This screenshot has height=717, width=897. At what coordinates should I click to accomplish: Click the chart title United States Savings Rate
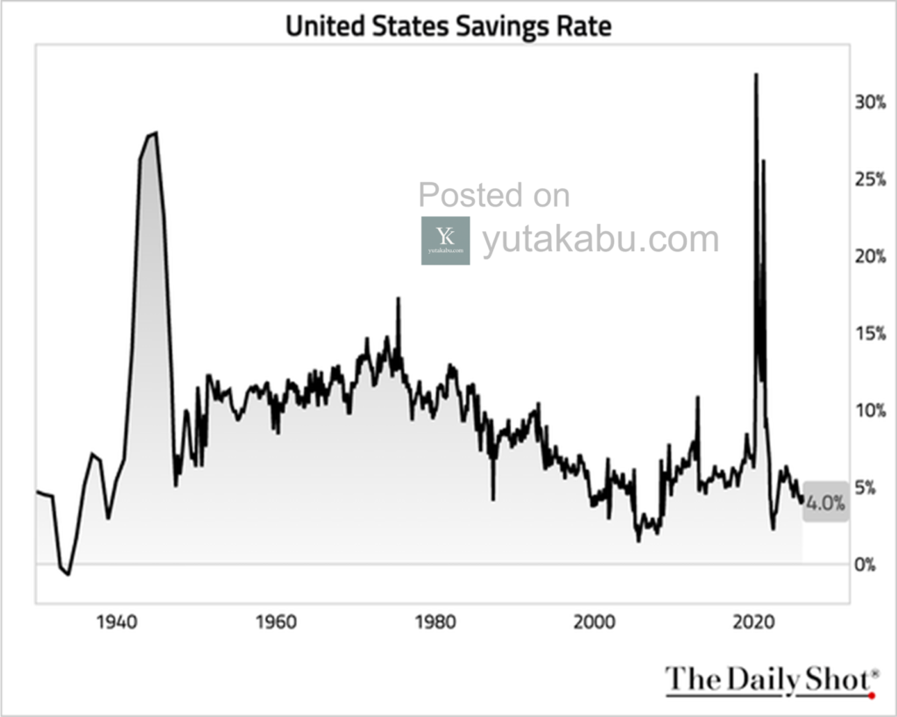click(448, 25)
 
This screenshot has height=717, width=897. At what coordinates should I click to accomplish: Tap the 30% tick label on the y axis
click(870, 102)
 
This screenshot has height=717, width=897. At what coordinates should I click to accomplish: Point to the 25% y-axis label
click(870, 179)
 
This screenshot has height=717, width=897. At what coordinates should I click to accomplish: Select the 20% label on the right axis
click(870, 257)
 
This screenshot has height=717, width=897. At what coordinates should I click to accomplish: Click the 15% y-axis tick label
click(870, 334)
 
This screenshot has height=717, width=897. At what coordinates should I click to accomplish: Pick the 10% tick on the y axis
click(870, 411)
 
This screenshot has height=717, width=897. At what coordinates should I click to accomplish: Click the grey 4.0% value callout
click(825, 503)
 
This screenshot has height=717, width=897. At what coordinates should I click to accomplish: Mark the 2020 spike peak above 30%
click(756, 75)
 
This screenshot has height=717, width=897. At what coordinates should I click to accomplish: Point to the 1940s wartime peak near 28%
click(155, 133)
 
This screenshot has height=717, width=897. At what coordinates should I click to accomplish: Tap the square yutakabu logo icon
click(445, 241)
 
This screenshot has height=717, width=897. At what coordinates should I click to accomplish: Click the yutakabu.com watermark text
click(600, 239)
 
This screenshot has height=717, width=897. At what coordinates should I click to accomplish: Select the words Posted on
click(494, 195)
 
